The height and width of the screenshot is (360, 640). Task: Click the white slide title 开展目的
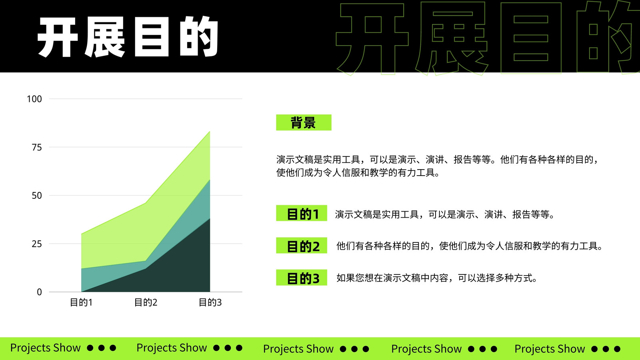tap(128, 37)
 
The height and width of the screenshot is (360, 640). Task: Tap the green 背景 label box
tap(304, 122)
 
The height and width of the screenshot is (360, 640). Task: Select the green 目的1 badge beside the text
tap(302, 213)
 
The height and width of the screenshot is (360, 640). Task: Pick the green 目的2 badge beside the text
tap(302, 246)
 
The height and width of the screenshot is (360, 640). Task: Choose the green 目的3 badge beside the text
tap(302, 278)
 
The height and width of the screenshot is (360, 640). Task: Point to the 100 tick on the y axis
tap(34, 99)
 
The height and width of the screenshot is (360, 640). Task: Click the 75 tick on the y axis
tap(37, 148)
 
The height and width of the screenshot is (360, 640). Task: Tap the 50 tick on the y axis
tap(37, 196)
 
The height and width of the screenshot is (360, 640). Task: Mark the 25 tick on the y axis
tap(37, 244)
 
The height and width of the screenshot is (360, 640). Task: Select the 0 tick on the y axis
tap(40, 292)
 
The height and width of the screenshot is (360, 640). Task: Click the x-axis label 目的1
tap(82, 302)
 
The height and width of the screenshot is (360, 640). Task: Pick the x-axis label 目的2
tap(146, 302)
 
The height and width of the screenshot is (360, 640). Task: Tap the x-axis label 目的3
tap(210, 302)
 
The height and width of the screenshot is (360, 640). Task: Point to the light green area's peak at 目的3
tap(210, 132)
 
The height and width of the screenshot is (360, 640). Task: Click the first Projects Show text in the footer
tap(46, 348)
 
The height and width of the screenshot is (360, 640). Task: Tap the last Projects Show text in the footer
tap(550, 349)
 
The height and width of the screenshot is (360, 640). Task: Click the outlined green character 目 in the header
tap(531, 38)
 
